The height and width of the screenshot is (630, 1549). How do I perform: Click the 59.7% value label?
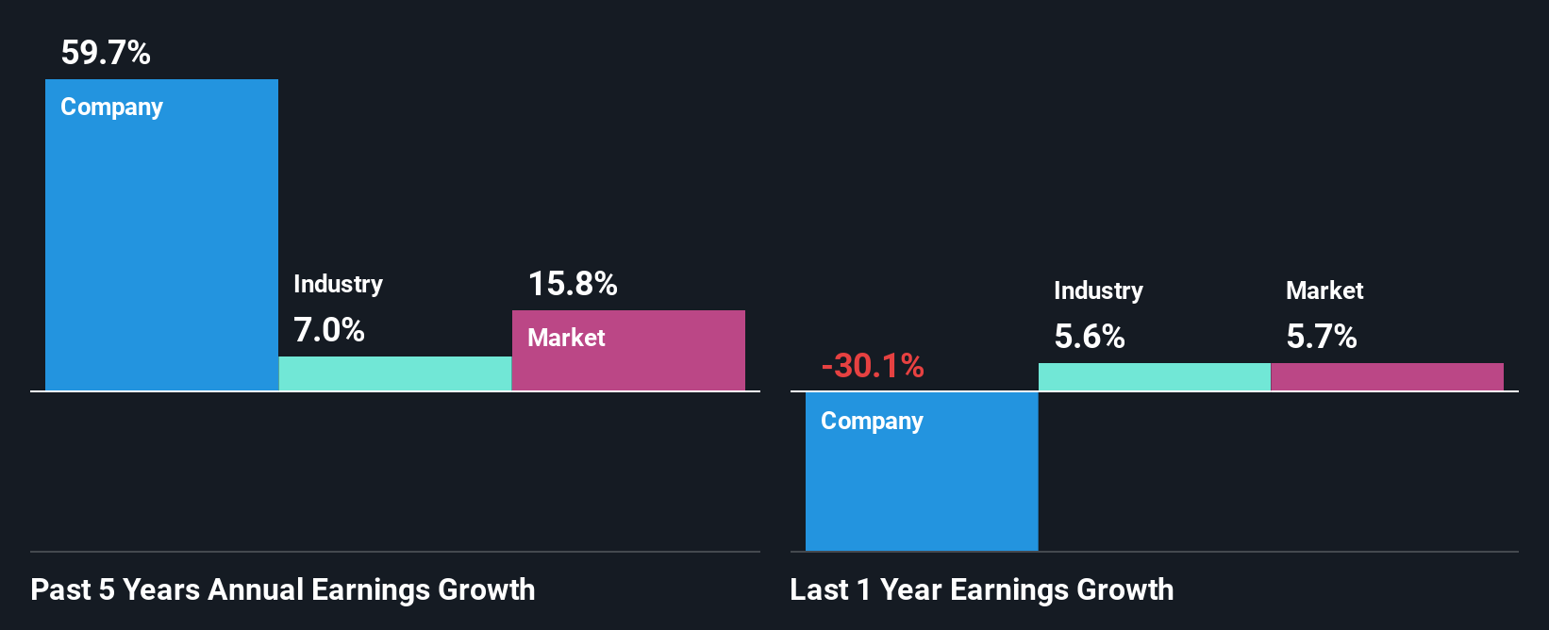tap(106, 53)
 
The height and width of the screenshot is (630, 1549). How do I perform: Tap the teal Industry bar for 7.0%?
tap(395, 373)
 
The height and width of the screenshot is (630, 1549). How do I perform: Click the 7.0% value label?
tap(328, 330)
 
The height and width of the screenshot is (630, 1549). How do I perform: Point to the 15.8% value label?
tap(573, 284)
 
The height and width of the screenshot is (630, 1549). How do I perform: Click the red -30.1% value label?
tap(873, 366)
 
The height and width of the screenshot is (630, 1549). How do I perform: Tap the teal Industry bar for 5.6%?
tap(1155, 377)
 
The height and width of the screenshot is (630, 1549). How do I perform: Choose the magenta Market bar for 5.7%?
tap(1387, 377)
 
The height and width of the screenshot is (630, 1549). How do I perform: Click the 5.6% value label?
tap(1090, 337)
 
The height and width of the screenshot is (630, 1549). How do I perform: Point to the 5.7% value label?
tap(1322, 337)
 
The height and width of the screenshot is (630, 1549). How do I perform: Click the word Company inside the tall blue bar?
tap(111, 108)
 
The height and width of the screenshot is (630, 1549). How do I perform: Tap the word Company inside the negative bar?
tap(872, 422)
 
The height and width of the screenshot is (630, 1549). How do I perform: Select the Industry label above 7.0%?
tap(338, 285)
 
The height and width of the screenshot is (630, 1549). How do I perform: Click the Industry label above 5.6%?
tap(1098, 291)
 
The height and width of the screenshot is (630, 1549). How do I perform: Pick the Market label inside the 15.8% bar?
tap(566, 339)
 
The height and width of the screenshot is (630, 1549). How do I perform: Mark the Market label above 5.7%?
tap(1324, 291)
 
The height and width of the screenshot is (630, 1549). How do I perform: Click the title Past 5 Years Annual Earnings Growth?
tap(283, 590)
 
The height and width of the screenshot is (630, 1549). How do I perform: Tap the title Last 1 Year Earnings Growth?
tap(982, 590)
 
